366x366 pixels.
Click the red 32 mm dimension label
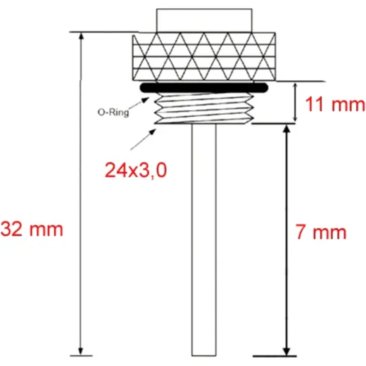pos(32,229)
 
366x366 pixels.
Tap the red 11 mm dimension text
pos(335,104)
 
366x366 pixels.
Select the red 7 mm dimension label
pos(320,232)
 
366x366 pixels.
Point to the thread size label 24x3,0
pos(136,170)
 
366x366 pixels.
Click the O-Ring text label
pos(113,113)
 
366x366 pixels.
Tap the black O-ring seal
pos(203,87)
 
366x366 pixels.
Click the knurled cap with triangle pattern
pos(203,57)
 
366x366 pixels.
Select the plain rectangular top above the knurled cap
pos(204,20)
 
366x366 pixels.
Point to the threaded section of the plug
pos(204,108)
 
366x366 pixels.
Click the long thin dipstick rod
pos(204,239)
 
